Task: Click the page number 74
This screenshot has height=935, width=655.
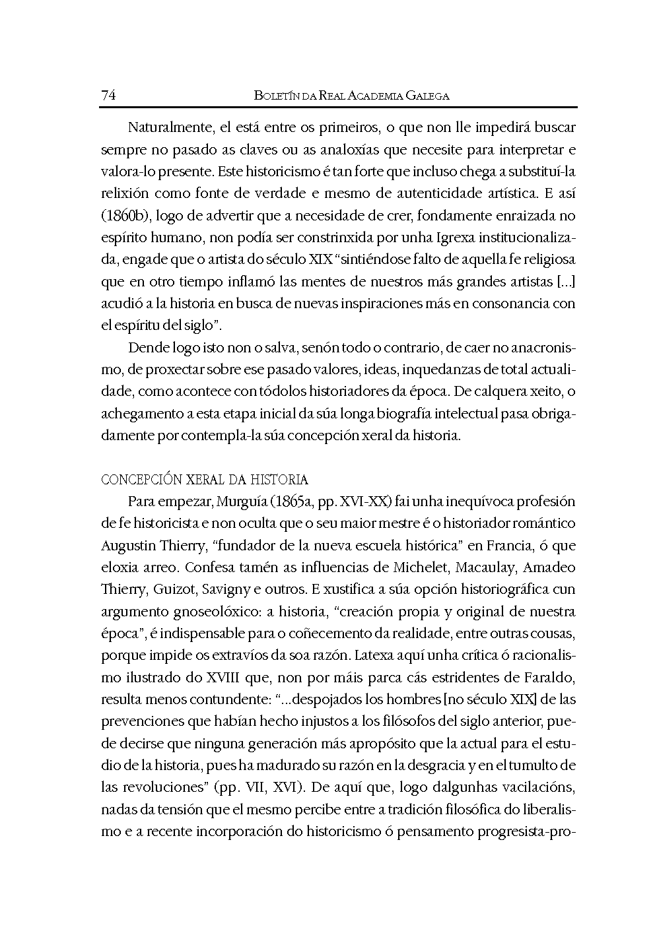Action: pos(109,96)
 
